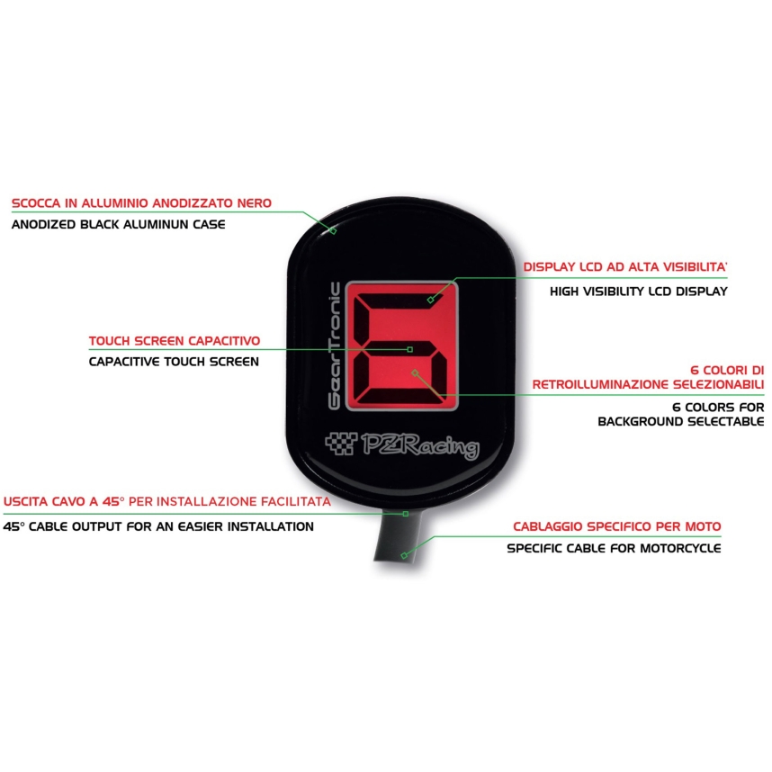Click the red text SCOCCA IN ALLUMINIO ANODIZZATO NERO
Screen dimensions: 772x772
click(141, 202)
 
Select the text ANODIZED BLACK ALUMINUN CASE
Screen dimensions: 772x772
click(118, 225)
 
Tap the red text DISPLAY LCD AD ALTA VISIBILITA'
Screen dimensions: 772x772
click(624, 267)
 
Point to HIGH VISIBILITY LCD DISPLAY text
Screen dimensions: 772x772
click(639, 292)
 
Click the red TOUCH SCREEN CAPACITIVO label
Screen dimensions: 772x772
click(175, 341)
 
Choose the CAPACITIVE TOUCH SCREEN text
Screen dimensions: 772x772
click(174, 362)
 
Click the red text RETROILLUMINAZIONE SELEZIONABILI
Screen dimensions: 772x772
click(648, 384)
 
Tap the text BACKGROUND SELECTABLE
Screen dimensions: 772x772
click(681, 421)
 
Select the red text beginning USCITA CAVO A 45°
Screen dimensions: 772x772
click(166, 502)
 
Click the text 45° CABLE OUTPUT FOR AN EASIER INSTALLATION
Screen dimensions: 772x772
click(158, 526)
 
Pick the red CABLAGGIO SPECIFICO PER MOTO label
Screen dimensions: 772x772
click(617, 526)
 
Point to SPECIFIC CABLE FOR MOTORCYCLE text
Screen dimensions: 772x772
click(614, 548)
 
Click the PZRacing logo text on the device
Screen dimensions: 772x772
click(420, 445)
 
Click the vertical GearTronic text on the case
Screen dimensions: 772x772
click(335, 346)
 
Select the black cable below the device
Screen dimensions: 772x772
click(398, 536)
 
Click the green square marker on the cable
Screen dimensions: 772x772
click(404, 556)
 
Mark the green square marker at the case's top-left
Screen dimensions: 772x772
click(333, 230)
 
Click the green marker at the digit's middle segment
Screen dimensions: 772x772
click(409, 350)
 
